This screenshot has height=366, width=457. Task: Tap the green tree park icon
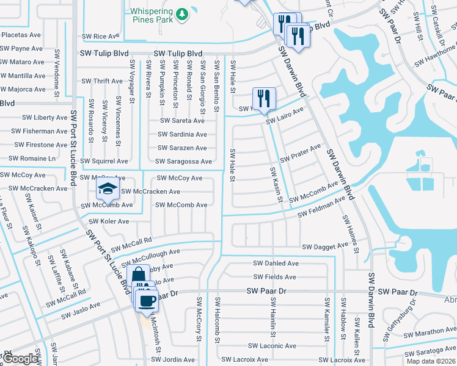(x=181, y=13)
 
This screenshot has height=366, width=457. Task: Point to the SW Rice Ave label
(x=103, y=37)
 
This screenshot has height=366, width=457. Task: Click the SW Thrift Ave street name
(x=103, y=81)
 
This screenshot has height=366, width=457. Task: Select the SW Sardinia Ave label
(x=183, y=135)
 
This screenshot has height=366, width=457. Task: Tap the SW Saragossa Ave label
(x=183, y=162)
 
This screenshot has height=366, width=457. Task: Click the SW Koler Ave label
(x=106, y=221)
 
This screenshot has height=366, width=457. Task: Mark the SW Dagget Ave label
(x=325, y=247)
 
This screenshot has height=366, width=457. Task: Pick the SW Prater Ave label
(x=301, y=153)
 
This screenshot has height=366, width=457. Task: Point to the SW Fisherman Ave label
(x=41, y=131)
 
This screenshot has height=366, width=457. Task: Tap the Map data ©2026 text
(x=431, y=361)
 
